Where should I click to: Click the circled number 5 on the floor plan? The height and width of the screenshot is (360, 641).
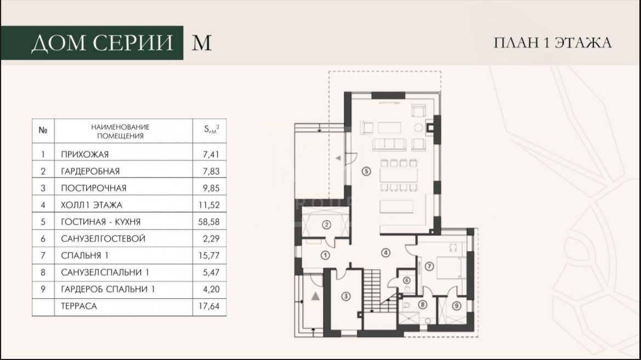tap(366, 171)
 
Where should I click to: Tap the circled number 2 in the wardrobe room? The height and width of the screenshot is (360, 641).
tap(326, 224)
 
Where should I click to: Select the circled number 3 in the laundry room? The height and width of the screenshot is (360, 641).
tap(346, 296)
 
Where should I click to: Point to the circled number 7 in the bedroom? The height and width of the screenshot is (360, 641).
tap(429, 266)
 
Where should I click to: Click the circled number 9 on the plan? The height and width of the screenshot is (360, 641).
tap(457, 305)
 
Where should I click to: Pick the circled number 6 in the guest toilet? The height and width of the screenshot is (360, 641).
tap(406, 281)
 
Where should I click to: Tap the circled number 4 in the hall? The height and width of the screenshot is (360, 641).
tap(385, 253)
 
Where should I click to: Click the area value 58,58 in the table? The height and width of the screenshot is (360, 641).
tap(209, 222)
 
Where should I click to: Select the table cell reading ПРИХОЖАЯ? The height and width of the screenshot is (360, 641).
tap(84, 155)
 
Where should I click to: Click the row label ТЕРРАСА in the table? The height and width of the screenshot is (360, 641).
tap(79, 306)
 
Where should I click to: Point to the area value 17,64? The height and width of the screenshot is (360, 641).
tap(209, 306)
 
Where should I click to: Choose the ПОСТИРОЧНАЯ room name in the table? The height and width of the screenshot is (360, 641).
tap(94, 188)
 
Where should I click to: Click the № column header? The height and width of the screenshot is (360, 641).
tap(43, 130)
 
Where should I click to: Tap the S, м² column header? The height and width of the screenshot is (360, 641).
tap(211, 129)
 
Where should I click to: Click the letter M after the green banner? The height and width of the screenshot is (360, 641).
tap(202, 43)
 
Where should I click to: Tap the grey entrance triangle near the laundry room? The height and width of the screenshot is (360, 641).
tap(315, 296)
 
